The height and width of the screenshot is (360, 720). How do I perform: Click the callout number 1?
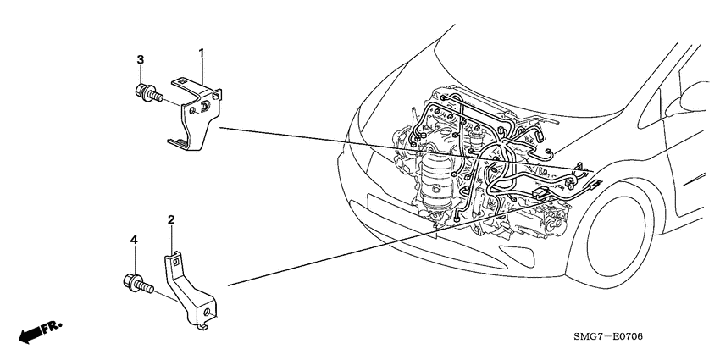[x=202, y=53]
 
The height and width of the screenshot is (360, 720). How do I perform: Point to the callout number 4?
[x=133, y=241]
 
